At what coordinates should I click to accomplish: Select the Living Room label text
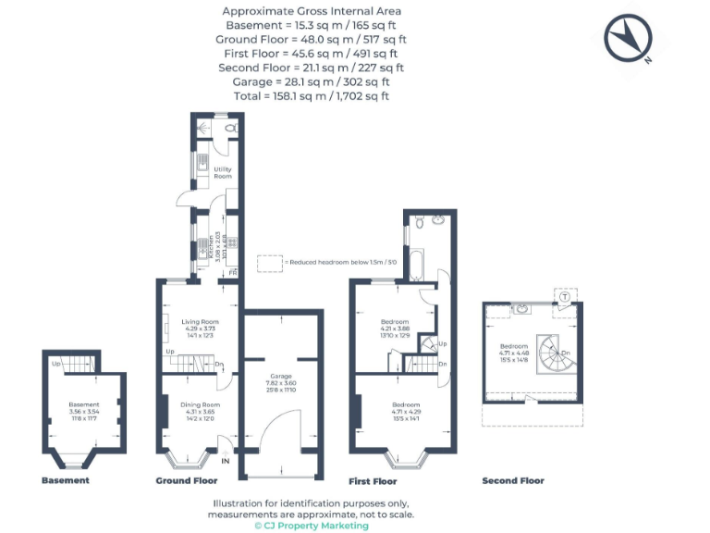pyautogui.click(x=200, y=324)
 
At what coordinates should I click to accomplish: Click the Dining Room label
pyautogui.click(x=200, y=405)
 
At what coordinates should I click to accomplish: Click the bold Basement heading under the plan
pyautogui.click(x=66, y=481)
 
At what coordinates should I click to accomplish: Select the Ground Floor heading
pyautogui.click(x=187, y=481)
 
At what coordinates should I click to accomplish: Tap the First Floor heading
pyautogui.click(x=373, y=481)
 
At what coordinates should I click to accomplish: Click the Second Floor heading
pyautogui.click(x=513, y=481)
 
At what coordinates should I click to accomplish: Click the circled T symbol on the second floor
pyautogui.click(x=564, y=296)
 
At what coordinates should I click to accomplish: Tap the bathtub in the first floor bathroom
pyautogui.click(x=415, y=265)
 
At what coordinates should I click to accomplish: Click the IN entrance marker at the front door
pyautogui.click(x=226, y=460)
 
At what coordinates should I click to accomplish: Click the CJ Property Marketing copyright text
pyautogui.click(x=311, y=526)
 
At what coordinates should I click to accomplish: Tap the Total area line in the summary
pyautogui.click(x=311, y=95)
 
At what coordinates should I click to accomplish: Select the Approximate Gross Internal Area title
pyautogui.click(x=311, y=11)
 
